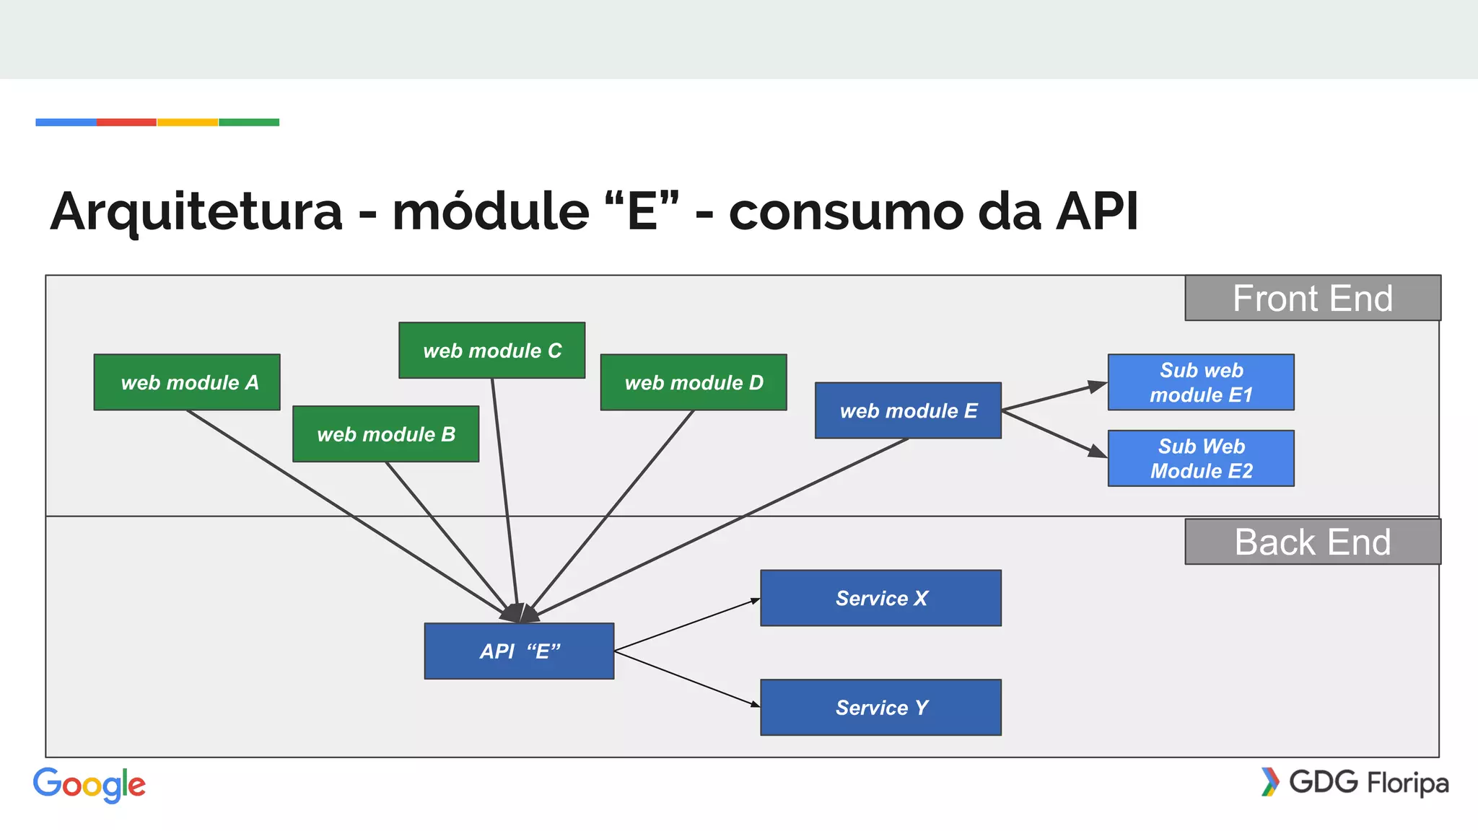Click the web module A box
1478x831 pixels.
click(x=187, y=382)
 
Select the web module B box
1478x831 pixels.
click(x=385, y=434)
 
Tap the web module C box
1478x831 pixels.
click(x=491, y=351)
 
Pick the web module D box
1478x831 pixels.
click(x=694, y=382)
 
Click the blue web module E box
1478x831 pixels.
click(x=908, y=410)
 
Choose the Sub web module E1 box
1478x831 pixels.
click(x=1201, y=382)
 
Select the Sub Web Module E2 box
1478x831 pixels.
click(x=1201, y=459)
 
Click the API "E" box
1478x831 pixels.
click(x=519, y=651)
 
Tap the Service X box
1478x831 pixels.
click(x=880, y=598)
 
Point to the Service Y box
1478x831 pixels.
click(x=880, y=708)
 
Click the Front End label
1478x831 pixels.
click(x=1312, y=298)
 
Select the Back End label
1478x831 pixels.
click(x=1312, y=542)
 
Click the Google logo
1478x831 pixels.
click(x=89, y=785)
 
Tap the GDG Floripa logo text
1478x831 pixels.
click(x=1368, y=783)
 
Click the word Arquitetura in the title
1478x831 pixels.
click(x=196, y=211)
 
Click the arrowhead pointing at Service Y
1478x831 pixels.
click(x=755, y=704)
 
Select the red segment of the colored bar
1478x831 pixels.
click(x=126, y=123)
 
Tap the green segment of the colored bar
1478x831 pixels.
click(x=249, y=123)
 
